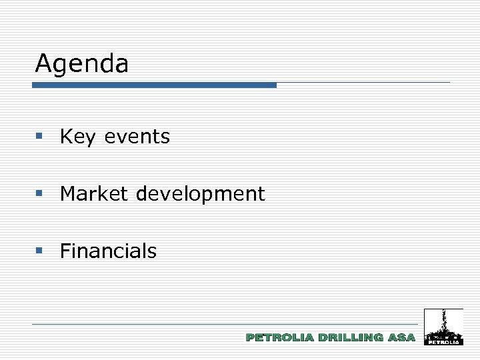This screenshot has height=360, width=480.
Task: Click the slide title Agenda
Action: (82, 64)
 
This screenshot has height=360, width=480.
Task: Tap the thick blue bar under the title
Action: (154, 85)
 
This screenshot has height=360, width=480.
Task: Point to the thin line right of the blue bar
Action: (363, 83)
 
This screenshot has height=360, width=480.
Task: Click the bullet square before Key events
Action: (39, 136)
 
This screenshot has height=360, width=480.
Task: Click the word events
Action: (137, 137)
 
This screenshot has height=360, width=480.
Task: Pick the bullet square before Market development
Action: (39, 193)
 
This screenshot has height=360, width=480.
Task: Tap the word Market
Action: (95, 194)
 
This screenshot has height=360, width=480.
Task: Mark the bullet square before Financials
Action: (39, 251)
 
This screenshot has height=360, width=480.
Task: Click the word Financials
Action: (108, 251)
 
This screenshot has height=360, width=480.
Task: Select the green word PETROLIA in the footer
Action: (280, 338)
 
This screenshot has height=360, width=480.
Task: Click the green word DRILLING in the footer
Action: (351, 338)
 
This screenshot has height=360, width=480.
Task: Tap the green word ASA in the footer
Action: (401, 338)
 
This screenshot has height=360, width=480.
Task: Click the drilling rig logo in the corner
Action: (443, 327)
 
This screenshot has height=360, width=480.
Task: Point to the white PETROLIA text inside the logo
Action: (443, 342)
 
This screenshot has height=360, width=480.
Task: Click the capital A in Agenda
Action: (44, 64)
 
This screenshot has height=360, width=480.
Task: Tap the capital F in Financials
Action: (65, 251)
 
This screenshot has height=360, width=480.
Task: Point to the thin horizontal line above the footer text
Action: (227, 324)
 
